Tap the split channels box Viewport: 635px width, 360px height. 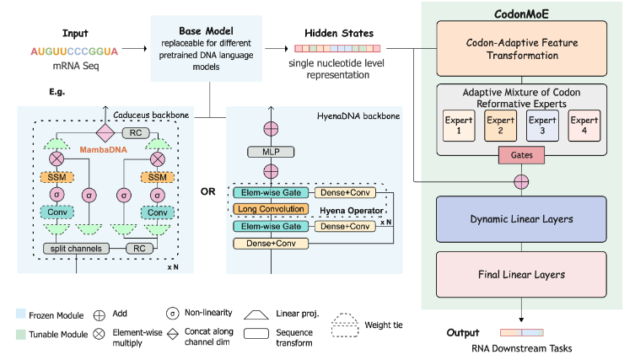point(76,249)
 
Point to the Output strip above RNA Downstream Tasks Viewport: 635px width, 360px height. point(523,333)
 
